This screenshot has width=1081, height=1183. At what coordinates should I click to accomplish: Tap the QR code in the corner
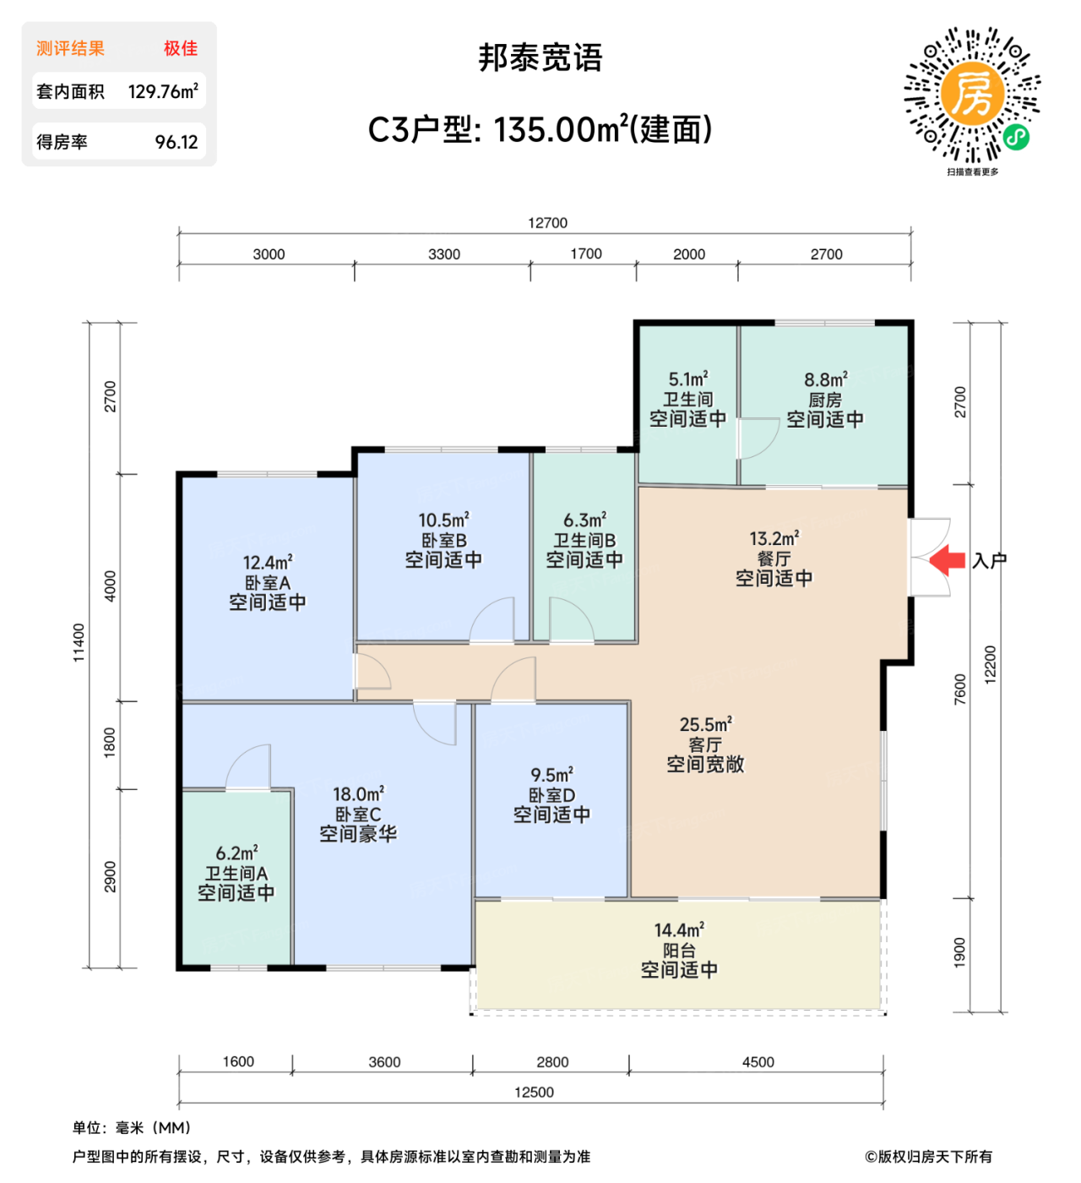972,95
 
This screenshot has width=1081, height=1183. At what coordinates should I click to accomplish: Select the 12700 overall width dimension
547,223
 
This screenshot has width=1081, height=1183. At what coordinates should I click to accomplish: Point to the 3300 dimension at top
444,254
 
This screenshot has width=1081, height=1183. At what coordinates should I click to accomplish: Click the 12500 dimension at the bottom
534,1093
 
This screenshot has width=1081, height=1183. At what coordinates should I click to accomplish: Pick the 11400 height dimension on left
79,643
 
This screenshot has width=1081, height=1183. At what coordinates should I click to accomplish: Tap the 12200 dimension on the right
991,664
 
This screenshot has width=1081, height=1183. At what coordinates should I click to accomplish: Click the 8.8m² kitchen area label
825,380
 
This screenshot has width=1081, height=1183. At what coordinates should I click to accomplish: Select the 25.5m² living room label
705,725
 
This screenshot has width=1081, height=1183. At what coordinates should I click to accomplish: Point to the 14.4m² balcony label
679,930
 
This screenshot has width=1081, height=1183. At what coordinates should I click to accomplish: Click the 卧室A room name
267,583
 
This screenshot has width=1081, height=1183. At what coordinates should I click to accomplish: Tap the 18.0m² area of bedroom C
358,794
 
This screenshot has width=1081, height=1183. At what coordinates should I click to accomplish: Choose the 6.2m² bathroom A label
236,853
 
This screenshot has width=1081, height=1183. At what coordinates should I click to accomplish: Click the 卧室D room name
551,795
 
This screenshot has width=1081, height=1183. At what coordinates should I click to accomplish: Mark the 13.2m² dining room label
774,538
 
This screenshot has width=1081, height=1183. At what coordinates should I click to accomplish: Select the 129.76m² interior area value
163,91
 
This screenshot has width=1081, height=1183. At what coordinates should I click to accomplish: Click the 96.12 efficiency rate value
177,142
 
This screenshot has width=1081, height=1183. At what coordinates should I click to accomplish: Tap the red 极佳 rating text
181,48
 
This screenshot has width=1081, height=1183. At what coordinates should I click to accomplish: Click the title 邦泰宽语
540,57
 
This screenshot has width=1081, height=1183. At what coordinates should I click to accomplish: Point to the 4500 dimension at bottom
758,1062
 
